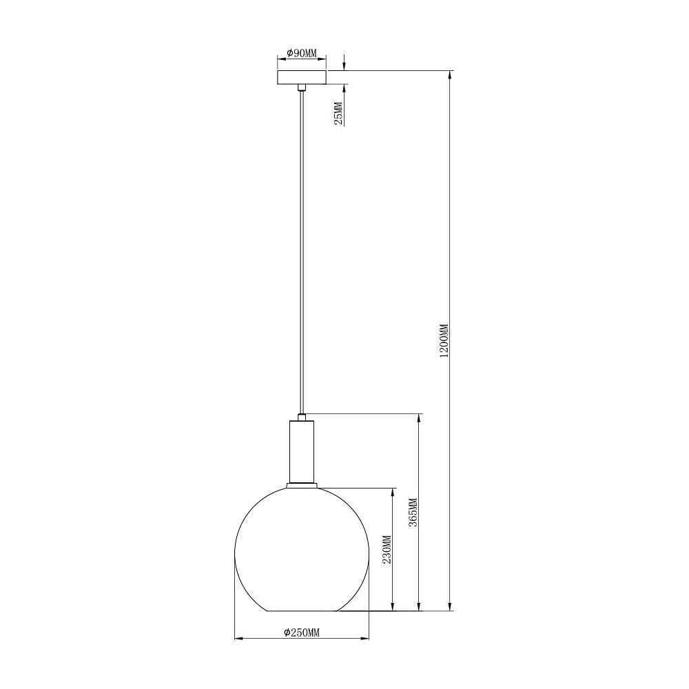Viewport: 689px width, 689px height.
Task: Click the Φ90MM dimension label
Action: tap(302, 53)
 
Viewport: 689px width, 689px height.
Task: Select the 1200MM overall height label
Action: tap(444, 341)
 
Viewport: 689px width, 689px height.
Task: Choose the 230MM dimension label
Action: tap(387, 550)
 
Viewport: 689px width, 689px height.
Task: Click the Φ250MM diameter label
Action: tap(302, 633)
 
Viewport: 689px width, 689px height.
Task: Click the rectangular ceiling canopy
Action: tap(302, 77)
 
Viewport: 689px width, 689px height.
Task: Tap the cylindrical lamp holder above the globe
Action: tap(302, 451)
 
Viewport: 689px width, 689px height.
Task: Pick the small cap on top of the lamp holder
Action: tap(302, 417)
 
